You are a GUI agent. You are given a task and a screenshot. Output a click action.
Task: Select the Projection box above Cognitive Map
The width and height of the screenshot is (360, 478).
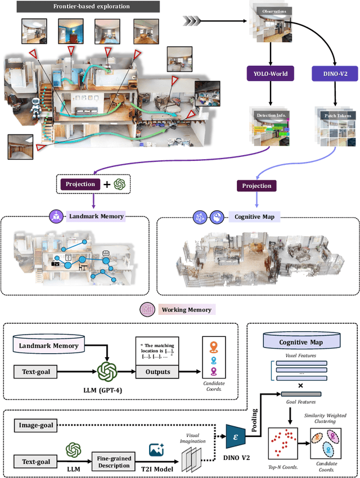(x=256, y=186)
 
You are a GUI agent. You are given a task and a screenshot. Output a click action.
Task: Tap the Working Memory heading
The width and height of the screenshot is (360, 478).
(x=186, y=309)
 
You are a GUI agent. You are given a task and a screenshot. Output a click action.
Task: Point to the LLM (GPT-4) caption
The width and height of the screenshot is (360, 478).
(x=106, y=391)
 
